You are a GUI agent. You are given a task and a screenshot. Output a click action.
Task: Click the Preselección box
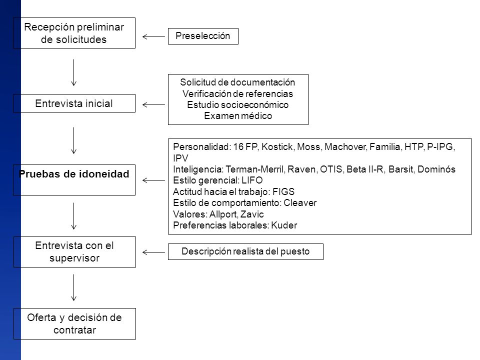click(x=203, y=36)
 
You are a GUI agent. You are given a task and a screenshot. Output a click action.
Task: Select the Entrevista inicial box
click(x=74, y=103)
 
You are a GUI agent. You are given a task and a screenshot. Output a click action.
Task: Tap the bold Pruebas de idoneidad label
click(x=74, y=174)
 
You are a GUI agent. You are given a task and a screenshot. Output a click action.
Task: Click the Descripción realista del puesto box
click(x=245, y=251)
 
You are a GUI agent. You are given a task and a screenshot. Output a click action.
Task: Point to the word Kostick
click(x=277, y=147)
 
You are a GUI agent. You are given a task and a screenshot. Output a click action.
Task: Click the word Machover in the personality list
click(x=345, y=147)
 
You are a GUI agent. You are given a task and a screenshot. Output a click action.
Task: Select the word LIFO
click(x=252, y=180)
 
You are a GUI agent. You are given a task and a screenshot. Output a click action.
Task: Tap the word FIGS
click(x=283, y=191)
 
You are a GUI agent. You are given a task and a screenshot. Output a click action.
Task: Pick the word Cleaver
click(x=300, y=202)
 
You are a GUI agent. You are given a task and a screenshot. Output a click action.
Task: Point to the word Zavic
click(x=252, y=214)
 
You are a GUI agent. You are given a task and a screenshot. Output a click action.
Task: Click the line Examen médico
click(x=238, y=115)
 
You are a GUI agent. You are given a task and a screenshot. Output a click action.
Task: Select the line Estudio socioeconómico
click(x=238, y=104)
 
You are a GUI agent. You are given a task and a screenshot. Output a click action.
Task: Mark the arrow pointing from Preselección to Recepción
click(x=153, y=36)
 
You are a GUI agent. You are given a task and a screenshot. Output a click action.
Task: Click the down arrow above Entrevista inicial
click(x=74, y=72)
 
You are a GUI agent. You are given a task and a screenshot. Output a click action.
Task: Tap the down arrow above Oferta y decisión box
click(x=74, y=287)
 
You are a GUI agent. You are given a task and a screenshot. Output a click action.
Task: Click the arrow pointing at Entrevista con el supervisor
click(x=153, y=252)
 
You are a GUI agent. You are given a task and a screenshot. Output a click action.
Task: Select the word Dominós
click(x=436, y=169)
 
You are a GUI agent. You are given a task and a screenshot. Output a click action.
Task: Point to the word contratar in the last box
click(x=74, y=330)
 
